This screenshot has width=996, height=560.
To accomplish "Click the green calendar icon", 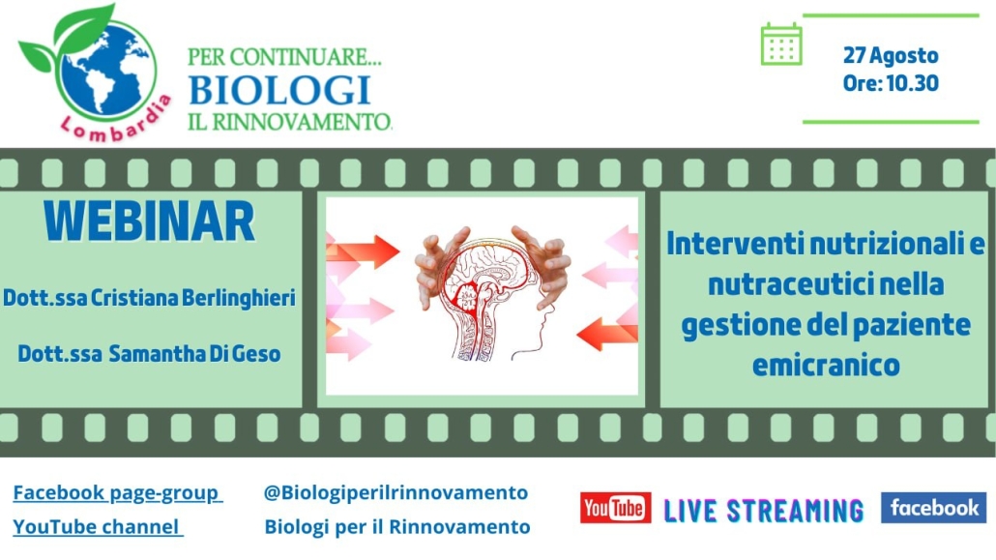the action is point(781,44).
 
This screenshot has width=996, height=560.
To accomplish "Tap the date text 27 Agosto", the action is point(891,55).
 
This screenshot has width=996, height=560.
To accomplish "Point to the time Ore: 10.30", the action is point(891,83).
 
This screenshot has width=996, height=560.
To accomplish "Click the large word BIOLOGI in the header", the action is point(279,90).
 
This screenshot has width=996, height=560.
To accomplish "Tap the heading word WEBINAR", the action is point(149,221).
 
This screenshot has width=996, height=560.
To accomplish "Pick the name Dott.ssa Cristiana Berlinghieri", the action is point(149,298).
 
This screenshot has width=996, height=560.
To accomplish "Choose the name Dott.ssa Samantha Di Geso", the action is point(149,354).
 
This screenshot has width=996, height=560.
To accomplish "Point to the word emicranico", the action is point(826,366).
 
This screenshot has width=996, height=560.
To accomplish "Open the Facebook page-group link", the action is point(118,493).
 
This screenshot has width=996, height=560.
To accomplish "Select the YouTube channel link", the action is point(98,527).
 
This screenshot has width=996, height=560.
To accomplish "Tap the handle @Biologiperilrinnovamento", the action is point(395,492).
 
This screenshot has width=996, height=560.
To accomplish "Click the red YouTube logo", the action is point(616,508).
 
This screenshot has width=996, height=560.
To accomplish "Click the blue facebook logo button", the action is point(934,507).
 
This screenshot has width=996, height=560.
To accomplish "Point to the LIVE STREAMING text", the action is point(764,511).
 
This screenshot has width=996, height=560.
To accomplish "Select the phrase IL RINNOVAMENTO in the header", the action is point(290,122).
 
